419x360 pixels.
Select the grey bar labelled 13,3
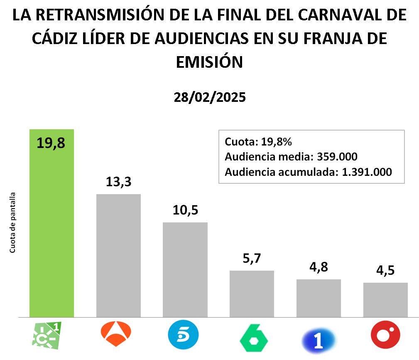point(118,256)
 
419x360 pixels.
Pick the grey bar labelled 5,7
point(252,293)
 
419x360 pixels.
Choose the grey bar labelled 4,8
point(319,298)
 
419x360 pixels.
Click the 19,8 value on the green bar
point(51,143)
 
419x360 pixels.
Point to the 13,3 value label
point(118,182)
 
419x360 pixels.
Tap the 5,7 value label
point(252,259)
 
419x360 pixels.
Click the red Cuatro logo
point(385,335)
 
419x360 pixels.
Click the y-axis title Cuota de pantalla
point(13,222)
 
